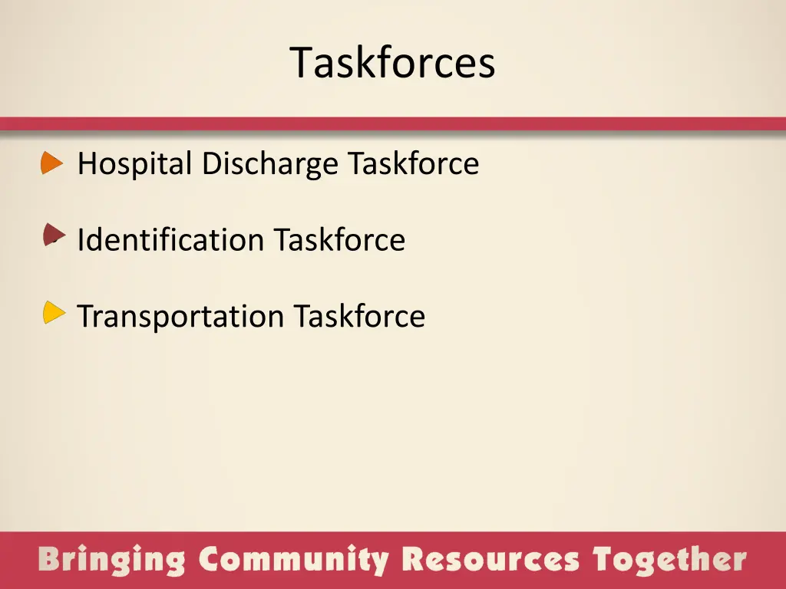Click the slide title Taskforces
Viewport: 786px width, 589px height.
tap(392, 63)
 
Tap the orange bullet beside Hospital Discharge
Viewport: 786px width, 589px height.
tap(51, 163)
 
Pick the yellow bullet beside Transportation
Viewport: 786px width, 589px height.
tap(53, 312)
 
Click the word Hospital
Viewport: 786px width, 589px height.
tap(134, 164)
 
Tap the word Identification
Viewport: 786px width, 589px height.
tap(170, 240)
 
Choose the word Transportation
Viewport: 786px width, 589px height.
tap(180, 316)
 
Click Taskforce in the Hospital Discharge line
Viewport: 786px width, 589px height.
tap(413, 163)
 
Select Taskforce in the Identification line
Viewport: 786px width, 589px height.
tap(339, 240)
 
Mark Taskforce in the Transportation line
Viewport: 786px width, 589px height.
tap(359, 316)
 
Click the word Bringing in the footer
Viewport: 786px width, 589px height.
tap(112, 560)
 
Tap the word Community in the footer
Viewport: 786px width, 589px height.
tap(294, 560)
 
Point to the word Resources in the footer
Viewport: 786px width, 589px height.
tap(491, 560)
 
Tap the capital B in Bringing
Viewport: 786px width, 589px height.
tap(50, 559)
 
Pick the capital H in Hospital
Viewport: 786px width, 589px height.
tap(87, 163)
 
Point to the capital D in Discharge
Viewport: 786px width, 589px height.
tap(210, 163)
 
